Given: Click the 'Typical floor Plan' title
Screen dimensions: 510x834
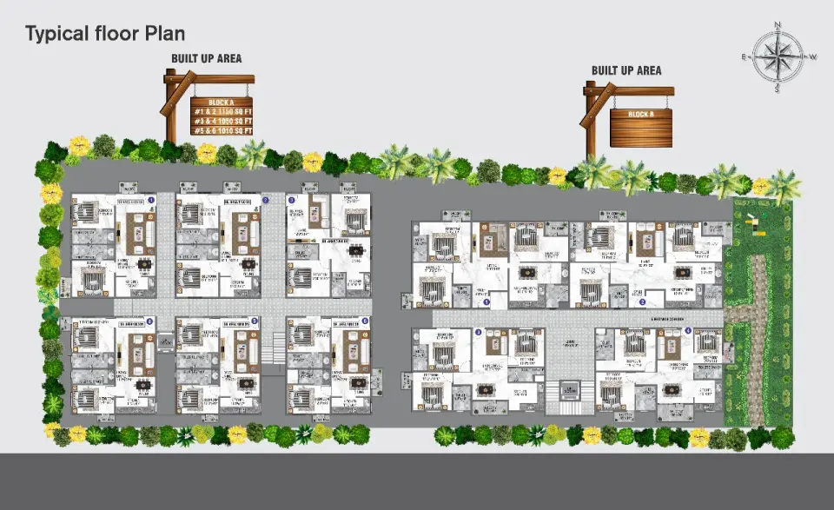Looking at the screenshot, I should pos(104,34).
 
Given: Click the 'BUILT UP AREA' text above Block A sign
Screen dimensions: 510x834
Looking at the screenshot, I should pos(206,59).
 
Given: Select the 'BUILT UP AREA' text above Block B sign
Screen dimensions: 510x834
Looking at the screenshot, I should pos(626,70).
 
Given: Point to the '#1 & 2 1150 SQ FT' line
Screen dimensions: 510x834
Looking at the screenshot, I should pos(222,111).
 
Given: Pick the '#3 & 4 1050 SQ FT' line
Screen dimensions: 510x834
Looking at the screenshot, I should pos(222,121).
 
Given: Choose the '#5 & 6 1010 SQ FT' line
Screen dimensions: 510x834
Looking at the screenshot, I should pos(222,130).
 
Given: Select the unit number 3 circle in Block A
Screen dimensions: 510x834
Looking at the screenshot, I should pos(292,200).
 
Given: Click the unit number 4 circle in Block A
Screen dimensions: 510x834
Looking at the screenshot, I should pos(149,321).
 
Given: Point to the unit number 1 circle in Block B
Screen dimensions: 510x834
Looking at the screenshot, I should pos(487,302).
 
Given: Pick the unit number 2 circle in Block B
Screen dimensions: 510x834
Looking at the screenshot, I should pos(642,302).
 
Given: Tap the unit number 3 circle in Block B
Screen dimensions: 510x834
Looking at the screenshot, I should pos(479,332).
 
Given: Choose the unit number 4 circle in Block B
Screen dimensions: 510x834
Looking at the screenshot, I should pos(688,331).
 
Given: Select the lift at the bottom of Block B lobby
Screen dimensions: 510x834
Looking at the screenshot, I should pos(569,389).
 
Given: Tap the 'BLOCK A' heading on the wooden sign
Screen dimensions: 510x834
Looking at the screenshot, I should pos(222,103).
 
